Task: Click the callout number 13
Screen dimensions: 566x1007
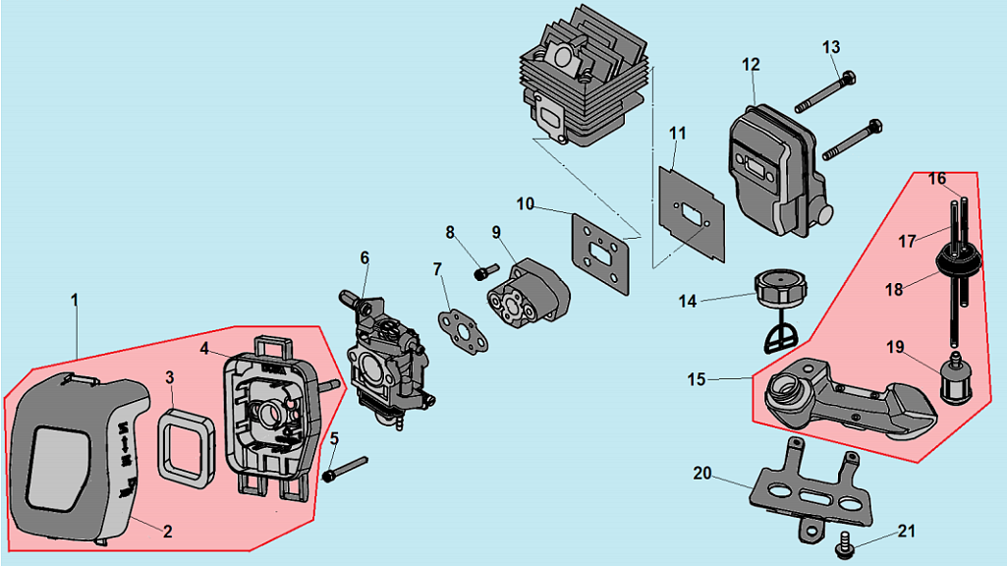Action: coord(831,46)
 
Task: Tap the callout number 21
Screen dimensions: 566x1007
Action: coord(907,531)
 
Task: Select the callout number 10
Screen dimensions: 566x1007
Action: coord(525,203)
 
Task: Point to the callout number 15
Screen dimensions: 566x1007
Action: coord(697,379)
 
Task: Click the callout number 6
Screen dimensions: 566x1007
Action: coord(364,257)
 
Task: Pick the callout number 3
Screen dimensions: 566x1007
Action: coord(170,377)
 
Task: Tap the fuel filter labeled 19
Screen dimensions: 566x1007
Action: coord(950,379)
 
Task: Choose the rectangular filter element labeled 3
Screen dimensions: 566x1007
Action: coord(188,448)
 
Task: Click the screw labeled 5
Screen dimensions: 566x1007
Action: coord(345,468)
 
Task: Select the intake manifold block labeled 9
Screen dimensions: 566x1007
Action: coord(530,295)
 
